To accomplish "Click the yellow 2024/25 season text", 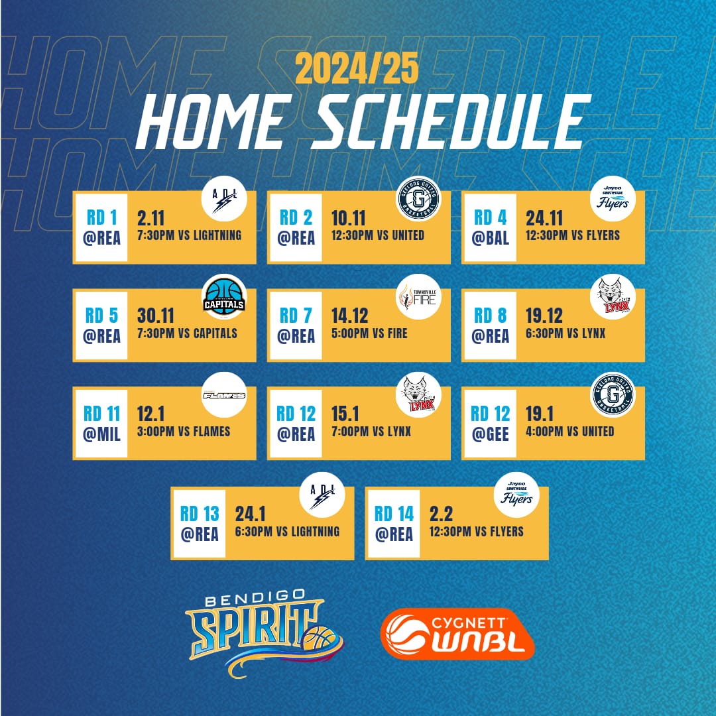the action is point(357,68).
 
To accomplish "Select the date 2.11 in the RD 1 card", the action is point(150,218).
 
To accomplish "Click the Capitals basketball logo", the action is point(224,297).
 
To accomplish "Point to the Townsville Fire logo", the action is point(418,297).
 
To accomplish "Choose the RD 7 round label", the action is point(296,316).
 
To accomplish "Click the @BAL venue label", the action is point(490,238).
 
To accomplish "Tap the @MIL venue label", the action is point(101,434).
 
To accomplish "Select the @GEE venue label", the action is point(490,434).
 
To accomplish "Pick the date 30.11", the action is point(156,316).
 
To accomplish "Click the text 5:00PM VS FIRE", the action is point(369,333).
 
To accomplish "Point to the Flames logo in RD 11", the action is point(224,395).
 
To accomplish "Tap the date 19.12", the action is point(544,316).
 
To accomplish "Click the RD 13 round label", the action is point(200,514).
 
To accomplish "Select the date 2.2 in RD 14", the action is point(441,514).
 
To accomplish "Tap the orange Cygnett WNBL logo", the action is point(457,634).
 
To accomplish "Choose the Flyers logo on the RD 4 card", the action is point(613,199).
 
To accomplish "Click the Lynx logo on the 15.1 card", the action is point(418,395).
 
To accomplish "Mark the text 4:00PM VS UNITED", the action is point(570,432).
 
